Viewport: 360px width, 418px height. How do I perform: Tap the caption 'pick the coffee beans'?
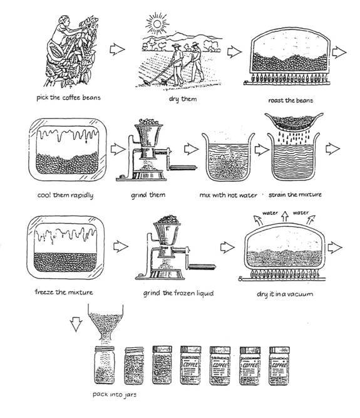coord(68,98)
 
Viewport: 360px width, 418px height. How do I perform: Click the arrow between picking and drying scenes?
coord(117,49)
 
